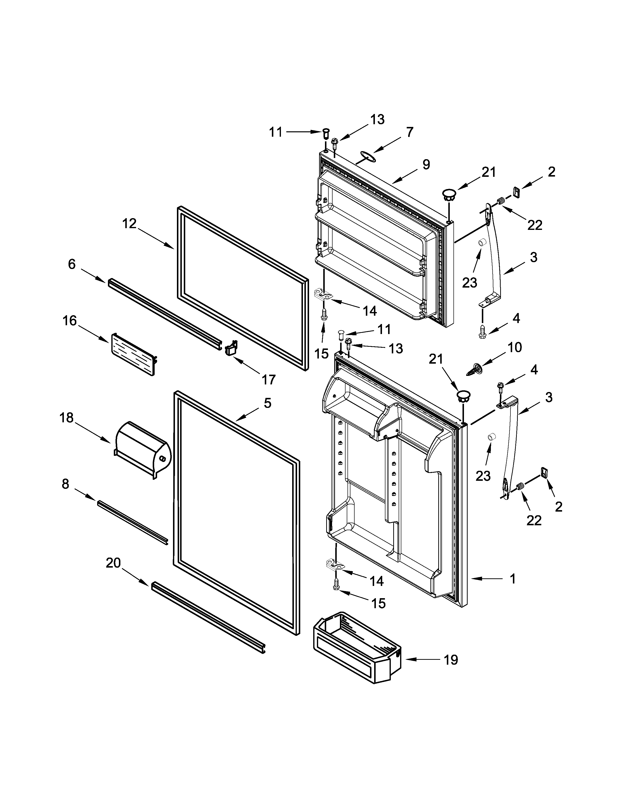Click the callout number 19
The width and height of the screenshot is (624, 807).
pos(451,660)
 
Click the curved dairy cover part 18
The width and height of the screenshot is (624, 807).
pos(142,449)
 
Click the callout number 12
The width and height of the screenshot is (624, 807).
pos(129,223)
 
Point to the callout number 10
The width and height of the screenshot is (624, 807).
pos(515,347)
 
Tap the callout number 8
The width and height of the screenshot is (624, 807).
pos(65,484)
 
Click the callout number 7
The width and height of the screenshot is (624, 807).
pos(409,132)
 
